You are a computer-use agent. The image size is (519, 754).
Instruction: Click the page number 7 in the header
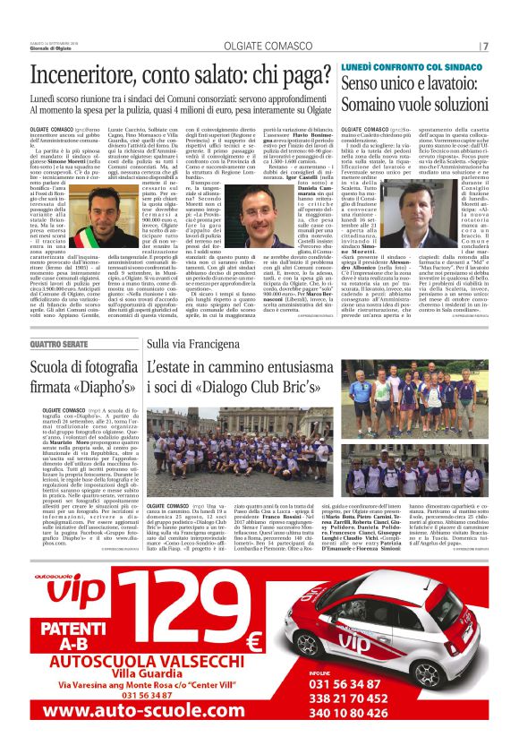pos(485,46)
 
